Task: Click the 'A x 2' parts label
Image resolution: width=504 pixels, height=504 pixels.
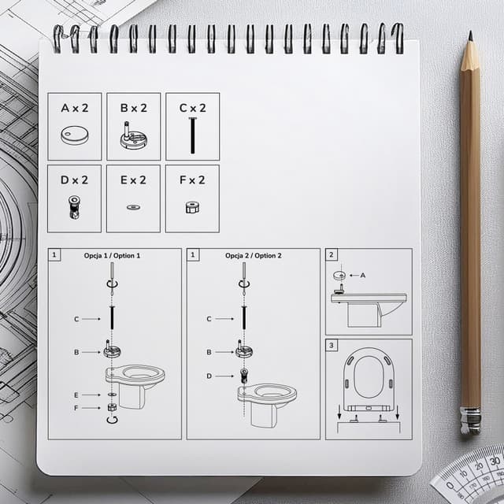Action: [x=75, y=108]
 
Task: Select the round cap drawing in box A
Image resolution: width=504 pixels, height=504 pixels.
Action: [x=75, y=135]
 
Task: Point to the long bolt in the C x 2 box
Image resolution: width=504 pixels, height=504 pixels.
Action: [x=192, y=135]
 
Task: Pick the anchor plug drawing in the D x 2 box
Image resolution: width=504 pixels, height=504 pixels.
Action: [x=74, y=207]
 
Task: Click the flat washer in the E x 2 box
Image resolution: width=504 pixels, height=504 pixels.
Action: [x=133, y=207]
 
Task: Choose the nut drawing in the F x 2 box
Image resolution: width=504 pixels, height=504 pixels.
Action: [x=192, y=207]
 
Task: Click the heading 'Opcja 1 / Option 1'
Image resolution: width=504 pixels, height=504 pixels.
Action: [x=112, y=255]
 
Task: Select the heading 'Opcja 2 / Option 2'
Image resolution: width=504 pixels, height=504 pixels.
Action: [x=254, y=255]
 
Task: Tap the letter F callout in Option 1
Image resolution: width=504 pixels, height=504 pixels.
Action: [x=76, y=408]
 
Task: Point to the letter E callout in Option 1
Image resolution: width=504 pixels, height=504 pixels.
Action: [x=76, y=395]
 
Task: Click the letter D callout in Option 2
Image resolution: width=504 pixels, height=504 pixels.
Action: [x=209, y=376]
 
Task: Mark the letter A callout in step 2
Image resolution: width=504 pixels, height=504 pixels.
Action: [x=363, y=276]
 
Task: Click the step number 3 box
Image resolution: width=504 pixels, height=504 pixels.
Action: [x=332, y=345]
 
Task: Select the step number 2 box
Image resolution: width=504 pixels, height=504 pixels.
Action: [x=332, y=255]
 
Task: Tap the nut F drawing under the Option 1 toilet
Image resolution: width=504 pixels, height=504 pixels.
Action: [x=112, y=407]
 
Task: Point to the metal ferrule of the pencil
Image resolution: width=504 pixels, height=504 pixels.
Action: [x=470, y=421]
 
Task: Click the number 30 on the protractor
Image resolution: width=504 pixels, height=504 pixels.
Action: [x=495, y=461]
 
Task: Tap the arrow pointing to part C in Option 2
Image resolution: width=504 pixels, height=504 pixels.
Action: [x=224, y=319]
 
